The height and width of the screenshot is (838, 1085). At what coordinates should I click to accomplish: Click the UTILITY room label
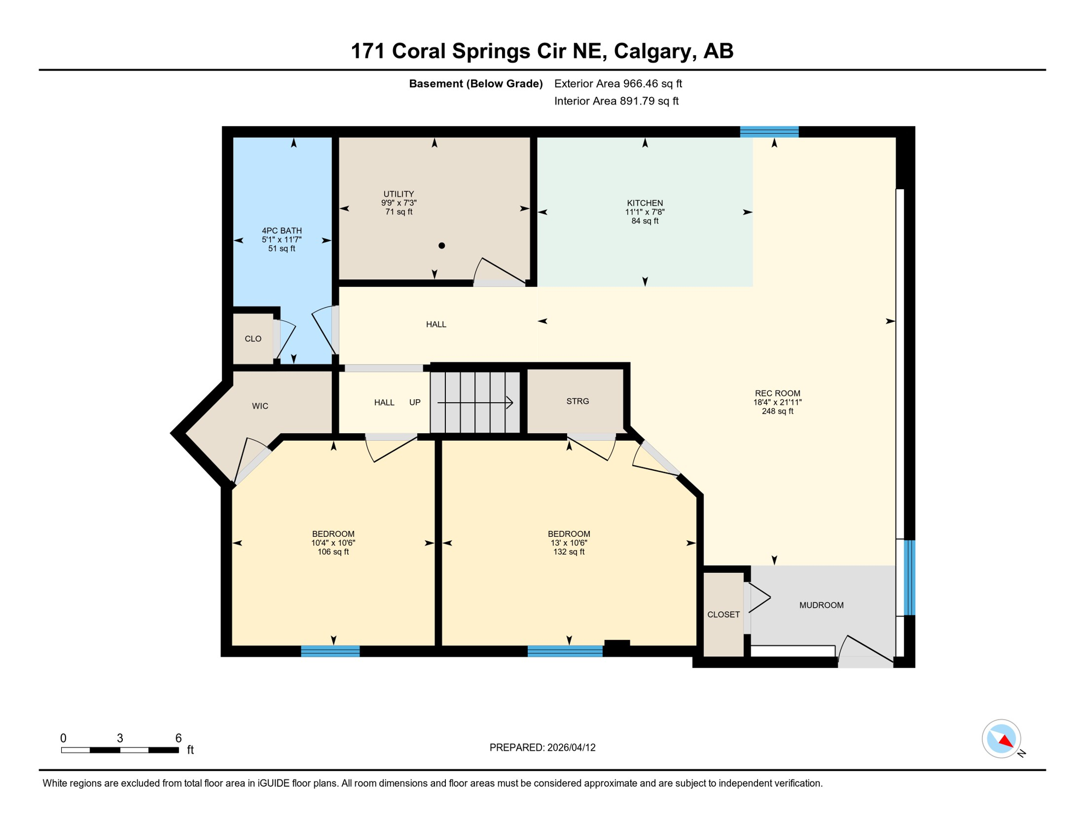coord(398,194)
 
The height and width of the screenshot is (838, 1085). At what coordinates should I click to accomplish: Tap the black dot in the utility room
coord(442,246)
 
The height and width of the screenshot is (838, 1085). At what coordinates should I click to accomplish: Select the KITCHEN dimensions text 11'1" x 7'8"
coord(645,212)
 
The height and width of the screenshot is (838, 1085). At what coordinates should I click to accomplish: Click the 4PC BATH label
coord(282,230)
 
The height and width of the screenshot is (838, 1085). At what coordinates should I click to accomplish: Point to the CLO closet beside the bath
coord(253,339)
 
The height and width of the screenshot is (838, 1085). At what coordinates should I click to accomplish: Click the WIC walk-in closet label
coord(260,406)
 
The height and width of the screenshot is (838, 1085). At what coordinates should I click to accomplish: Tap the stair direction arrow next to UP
coord(475,403)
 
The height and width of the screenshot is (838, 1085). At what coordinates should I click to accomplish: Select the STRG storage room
coord(577,401)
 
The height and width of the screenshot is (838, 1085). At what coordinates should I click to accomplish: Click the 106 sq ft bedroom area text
coord(333,552)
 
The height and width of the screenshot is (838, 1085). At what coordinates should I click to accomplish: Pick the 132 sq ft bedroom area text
coord(569,552)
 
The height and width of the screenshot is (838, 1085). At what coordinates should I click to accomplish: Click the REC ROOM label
coord(777,393)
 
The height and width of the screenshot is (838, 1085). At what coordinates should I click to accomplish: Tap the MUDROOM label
coord(821,605)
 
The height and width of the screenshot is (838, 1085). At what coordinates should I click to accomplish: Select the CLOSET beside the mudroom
coord(723,614)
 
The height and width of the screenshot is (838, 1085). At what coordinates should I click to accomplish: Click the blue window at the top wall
coord(769,131)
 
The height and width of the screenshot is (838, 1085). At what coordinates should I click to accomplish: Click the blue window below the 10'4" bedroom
coord(330,651)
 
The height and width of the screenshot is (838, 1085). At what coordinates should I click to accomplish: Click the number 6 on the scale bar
coord(178,738)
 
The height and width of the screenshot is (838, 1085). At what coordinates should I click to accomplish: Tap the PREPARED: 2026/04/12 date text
coord(542,747)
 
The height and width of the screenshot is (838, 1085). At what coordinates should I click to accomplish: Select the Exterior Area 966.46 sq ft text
coord(618,83)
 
